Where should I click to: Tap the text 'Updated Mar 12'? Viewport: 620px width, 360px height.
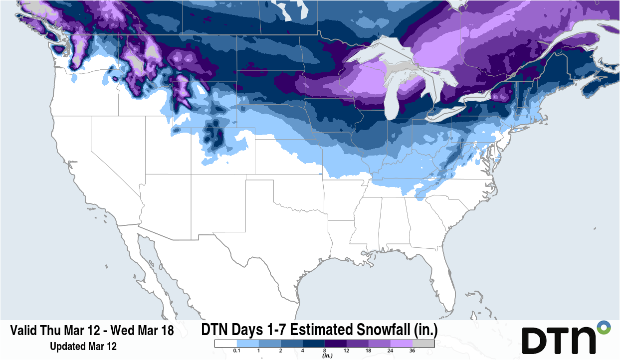[83, 346]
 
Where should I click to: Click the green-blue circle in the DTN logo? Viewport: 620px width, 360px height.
[604, 328]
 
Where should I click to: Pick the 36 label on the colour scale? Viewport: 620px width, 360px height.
[413, 351]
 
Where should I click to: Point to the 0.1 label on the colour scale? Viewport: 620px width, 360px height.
[236, 351]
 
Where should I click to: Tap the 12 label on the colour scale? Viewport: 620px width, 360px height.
[347, 351]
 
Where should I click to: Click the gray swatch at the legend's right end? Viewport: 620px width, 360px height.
[423, 344]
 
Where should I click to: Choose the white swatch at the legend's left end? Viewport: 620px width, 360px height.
[225, 344]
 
